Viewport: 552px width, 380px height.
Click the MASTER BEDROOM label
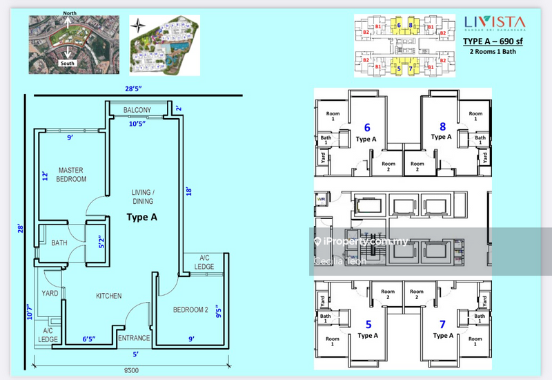72,174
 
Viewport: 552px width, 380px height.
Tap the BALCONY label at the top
137,111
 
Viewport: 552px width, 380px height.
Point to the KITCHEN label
108,296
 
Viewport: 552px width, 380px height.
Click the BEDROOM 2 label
190,310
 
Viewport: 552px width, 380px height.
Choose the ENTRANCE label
134,338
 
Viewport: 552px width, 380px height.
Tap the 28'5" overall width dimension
135,88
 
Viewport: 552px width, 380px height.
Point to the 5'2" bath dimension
101,243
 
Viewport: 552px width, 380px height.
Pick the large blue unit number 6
367,126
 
